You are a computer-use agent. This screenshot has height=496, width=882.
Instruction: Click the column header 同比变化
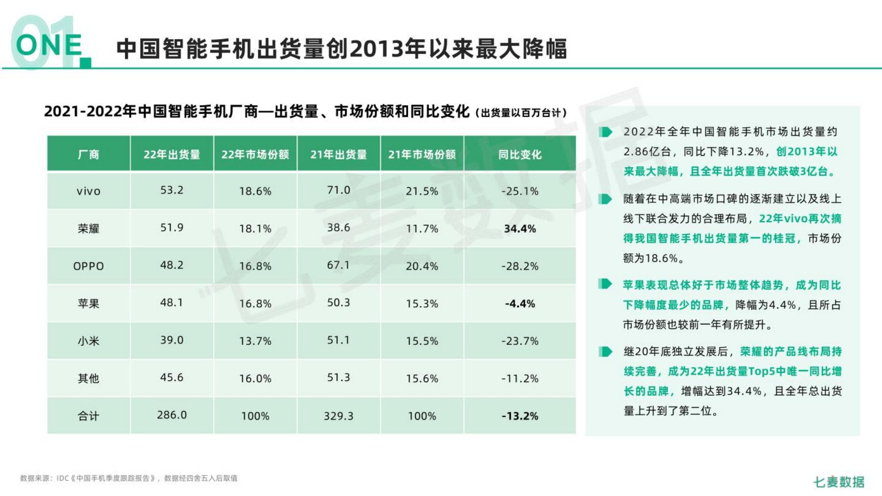pyautogui.click(x=519, y=154)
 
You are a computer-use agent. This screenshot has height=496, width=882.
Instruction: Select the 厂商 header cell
pyautogui.click(x=88, y=154)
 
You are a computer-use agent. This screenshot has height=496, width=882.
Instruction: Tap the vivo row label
pyautogui.click(x=88, y=191)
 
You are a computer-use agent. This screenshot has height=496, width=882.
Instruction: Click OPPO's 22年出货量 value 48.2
pyautogui.click(x=172, y=265)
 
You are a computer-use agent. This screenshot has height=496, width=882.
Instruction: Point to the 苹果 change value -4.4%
pyautogui.click(x=519, y=304)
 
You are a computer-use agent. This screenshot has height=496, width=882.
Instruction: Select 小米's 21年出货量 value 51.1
pyautogui.click(x=338, y=340)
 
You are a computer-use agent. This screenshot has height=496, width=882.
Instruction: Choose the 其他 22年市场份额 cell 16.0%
pyautogui.click(x=255, y=378)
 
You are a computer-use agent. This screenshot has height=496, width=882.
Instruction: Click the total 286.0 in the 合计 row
pyautogui.click(x=172, y=415)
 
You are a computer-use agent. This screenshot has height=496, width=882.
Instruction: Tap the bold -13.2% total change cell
pyautogui.click(x=519, y=416)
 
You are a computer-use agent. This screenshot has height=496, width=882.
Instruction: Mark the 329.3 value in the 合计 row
pyautogui.click(x=338, y=416)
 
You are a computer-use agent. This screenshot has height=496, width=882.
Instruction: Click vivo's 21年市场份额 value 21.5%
pyautogui.click(x=422, y=191)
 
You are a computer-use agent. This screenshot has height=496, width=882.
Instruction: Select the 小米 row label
pyautogui.click(x=88, y=341)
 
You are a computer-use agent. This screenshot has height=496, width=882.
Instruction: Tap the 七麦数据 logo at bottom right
pyautogui.click(x=839, y=482)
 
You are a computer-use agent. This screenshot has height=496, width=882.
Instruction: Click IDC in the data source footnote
pyautogui.click(x=62, y=478)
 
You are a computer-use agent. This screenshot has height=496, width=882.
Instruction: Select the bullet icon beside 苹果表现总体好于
pyautogui.click(x=605, y=284)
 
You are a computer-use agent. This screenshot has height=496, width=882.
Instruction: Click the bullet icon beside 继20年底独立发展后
pyautogui.click(x=605, y=351)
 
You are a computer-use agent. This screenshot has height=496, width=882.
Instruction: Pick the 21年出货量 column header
pyautogui.click(x=338, y=154)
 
